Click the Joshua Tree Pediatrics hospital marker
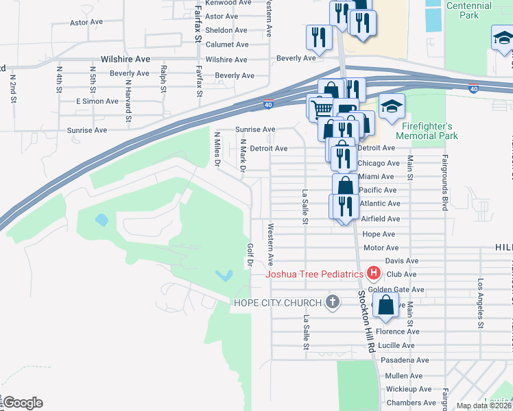(x=374, y=274)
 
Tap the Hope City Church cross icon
(x=333, y=302)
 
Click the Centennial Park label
(x=468, y=10)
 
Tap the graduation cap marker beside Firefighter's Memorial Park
(x=392, y=106)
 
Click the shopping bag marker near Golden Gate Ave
(x=385, y=306)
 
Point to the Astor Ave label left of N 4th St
(x=86, y=22)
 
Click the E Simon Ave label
(x=93, y=101)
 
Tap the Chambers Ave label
(x=411, y=403)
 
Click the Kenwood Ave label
(x=227, y=3)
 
